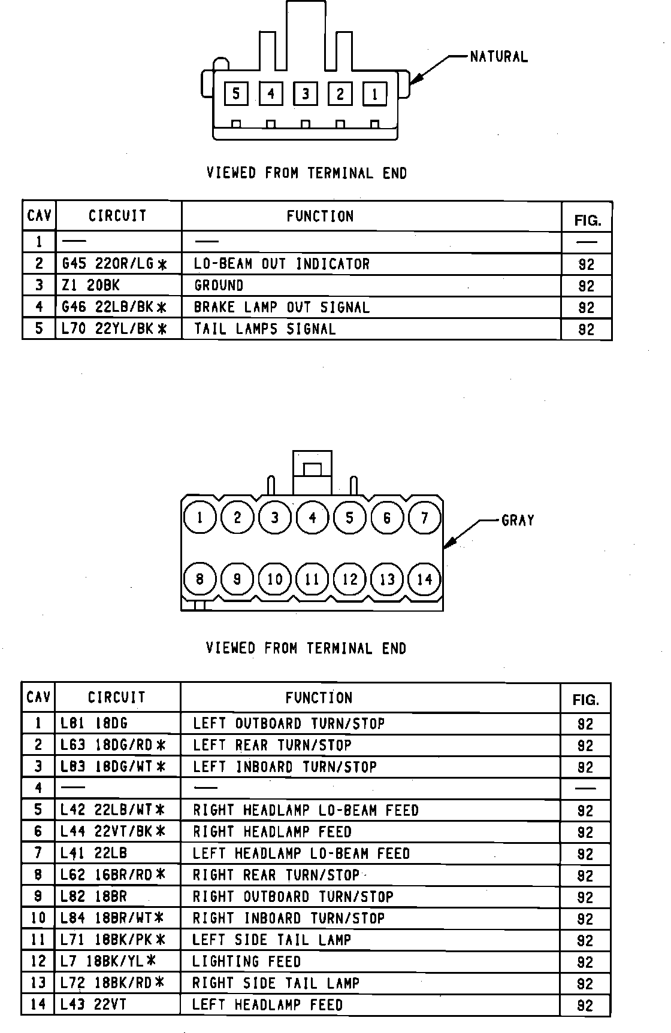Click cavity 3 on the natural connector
(x=306, y=93)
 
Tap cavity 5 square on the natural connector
(x=236, y=93)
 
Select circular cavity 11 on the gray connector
(x=312, y=579)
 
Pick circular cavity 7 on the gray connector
(x=425, y=517)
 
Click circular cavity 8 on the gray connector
(x=200, y=579)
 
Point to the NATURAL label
(x=498, y=57)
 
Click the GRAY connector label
(x=517, y=520)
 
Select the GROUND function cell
(x=219, y=285)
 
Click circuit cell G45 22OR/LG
(x=114, y=264)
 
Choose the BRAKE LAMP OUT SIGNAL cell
(x=282, y=308)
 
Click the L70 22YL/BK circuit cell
(x=114, y=329)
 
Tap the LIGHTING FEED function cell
(x=246, y=962)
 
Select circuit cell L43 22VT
(x=93, y=1005)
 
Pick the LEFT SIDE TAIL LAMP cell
(x=271, y=940)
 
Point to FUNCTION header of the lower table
(x=319, y=698)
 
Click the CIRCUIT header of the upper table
(x=117, y=216)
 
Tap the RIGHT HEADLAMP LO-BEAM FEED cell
(x=306, y=810)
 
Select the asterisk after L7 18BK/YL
(x=151, y=961)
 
